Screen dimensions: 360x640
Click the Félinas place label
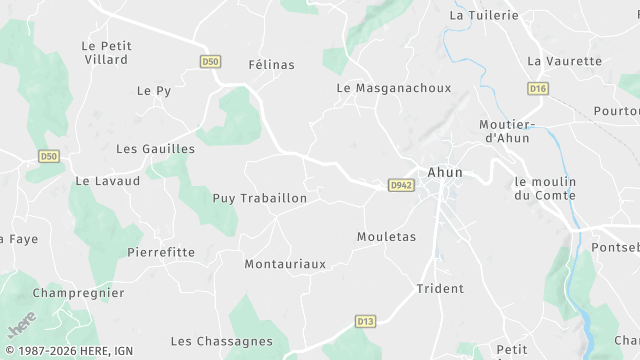click(x=271, y=65)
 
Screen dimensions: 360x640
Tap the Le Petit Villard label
click(x=105, y=52)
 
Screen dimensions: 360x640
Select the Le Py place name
click(x=154, y=91)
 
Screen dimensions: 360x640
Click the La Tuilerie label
click(x=484, y=16)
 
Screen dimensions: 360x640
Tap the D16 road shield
click(x=538, y=89)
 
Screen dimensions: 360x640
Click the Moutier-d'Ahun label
click(x=507, y=130)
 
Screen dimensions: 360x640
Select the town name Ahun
click(x=445, y=172)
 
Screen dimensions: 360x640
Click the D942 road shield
click(x=401, y=185)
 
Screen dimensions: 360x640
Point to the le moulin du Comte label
click(x=545, y=188)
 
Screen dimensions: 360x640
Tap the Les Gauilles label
click(x=155, y=149)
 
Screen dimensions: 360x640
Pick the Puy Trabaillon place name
click(x=260, y=199)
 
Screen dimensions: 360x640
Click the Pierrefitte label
click(x=161, y=253)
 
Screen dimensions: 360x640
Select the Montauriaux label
click(x=285, y=265)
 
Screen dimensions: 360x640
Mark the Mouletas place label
click(x=386, y=237)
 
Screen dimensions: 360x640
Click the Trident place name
click(x=440, y=289)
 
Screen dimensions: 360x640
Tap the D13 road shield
click(x=365, y=321)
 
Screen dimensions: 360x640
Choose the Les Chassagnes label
click(x=221, y=342)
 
